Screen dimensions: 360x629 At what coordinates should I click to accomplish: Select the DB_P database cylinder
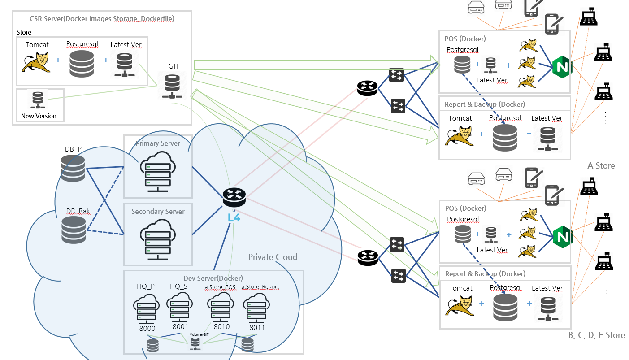tap(73, 168)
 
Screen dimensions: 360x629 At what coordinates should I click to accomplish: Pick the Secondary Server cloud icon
tap(158, 237)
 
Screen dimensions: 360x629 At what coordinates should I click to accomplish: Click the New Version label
tap(39, 116)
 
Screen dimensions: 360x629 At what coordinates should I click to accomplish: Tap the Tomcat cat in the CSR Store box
tap(35, 62)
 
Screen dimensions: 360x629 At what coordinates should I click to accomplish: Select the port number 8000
tap(147, 329)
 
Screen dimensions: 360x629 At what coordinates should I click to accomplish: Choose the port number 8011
tap(257, 327)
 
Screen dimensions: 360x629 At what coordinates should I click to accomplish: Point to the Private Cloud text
tap(273, 257)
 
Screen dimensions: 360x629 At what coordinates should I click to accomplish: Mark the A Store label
tap(601, 166)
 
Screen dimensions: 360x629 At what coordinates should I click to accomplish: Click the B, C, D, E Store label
tap(596, 335)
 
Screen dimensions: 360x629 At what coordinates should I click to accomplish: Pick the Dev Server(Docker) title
tap(213, 278)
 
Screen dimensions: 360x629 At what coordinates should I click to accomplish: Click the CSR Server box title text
tap(102, 19)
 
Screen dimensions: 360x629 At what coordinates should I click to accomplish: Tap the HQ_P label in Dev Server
tap(146, 286)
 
